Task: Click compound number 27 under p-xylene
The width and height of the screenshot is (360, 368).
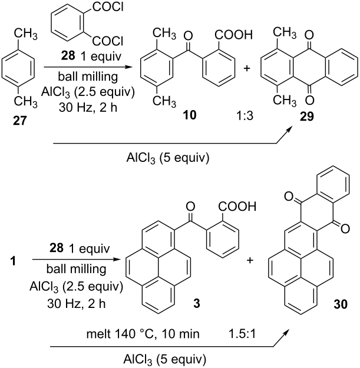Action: [x=19, y=121]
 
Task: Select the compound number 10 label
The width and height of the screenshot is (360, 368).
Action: [x=190, y=115]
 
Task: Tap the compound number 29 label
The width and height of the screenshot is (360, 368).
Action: [x=307, y=116]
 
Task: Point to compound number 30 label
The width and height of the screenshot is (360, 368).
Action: [x=341, y=304]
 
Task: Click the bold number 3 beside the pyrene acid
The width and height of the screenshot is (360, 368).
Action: [x=196, y=303]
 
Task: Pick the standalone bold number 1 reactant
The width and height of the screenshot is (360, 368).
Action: [x=13, y=261]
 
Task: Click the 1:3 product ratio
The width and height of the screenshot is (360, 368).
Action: [x=245, y=115]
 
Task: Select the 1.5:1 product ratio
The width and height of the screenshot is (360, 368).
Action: [x=242, y=333]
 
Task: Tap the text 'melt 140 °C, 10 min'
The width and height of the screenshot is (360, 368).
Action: [x=143, y=333]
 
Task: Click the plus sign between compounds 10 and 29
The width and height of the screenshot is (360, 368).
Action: [x=246, y=68]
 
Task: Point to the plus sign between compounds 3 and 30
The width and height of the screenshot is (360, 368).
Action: [x=250, y=260]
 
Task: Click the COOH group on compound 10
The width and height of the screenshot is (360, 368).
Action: [x=233, y=35]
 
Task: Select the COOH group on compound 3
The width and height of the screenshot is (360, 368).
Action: [x=237, y=206]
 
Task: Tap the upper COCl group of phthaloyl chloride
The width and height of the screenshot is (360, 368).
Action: [x=108, y=7]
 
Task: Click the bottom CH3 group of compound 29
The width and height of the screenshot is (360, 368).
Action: [x=285, y=100]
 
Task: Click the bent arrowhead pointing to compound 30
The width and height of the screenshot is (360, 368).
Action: [x=286, y=331]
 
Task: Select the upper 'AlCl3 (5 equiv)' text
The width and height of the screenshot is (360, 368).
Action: [x=168, y=158]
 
